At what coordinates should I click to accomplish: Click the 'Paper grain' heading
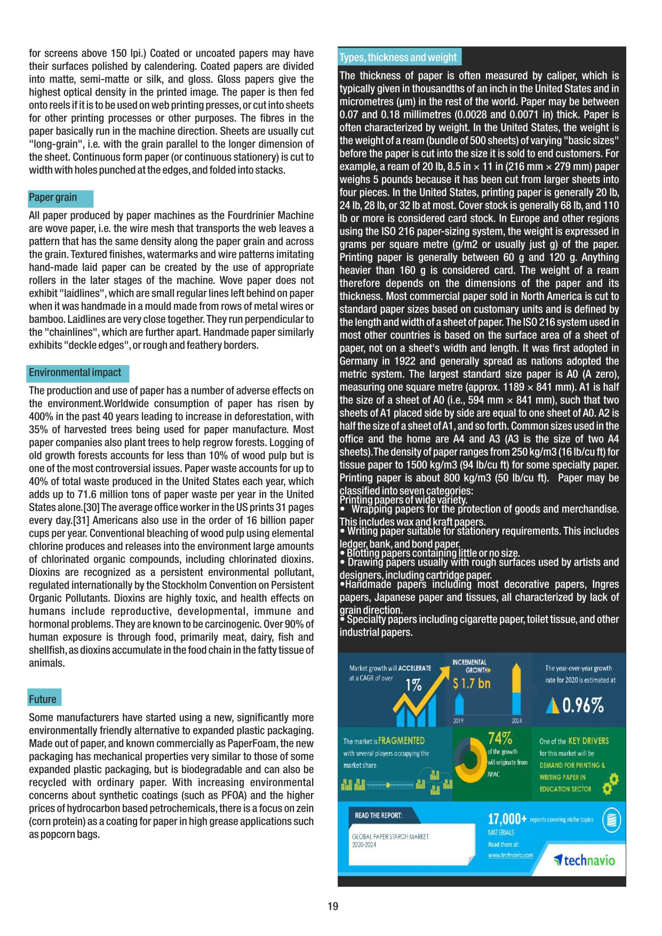coord(53,197)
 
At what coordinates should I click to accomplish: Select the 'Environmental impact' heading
coord(75,372)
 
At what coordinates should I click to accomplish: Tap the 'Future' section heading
coord(43,699)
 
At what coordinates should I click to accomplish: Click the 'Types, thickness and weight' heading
coord(398,58)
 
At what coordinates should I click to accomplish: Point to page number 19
coord(333,906)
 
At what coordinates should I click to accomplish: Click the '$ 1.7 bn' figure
coord(472,684)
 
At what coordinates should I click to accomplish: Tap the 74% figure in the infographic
coord(500,738)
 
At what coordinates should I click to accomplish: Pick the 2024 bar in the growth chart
coord(516,691)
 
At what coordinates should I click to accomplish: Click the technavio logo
coord(585,860)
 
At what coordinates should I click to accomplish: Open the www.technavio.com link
coord(511,855)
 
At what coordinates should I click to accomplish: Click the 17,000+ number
coord(507,819)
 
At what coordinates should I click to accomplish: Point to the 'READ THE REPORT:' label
coord(379,815)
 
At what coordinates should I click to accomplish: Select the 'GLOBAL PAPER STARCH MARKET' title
coord(390,837)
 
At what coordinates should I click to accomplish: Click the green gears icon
coord(610,783)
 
